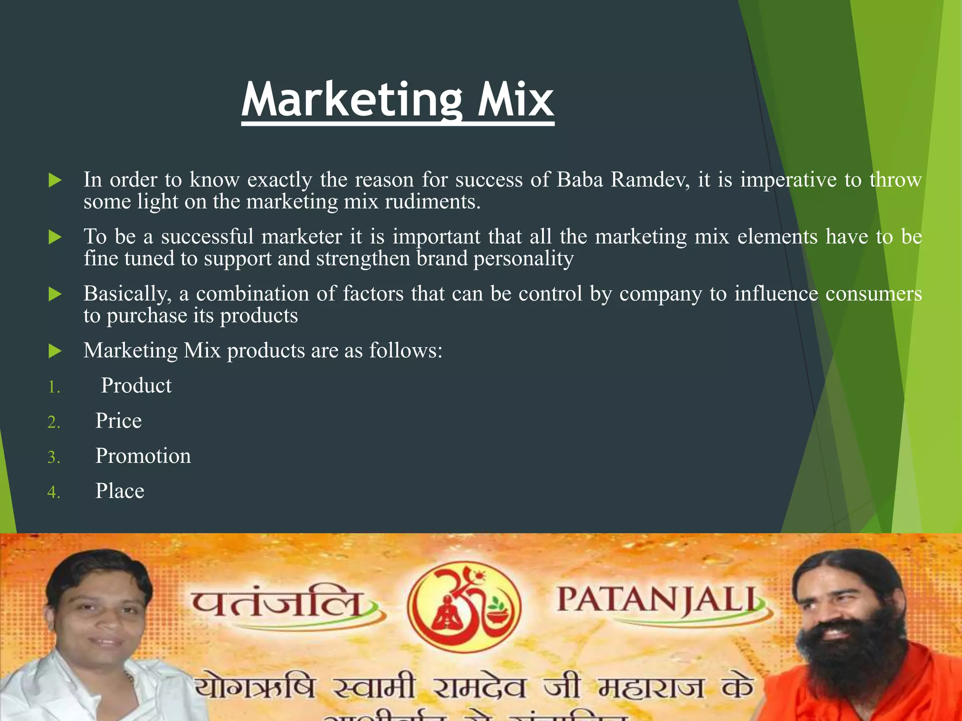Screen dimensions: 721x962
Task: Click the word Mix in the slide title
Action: click(516, 100)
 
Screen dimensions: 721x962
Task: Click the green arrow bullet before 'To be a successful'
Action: click(55, 237)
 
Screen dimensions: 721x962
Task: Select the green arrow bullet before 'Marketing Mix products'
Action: click(55, 351)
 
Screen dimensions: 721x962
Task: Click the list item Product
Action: click(136, 386)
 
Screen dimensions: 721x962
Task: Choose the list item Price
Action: click(118, 421)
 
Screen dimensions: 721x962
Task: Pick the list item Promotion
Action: click(143, 456)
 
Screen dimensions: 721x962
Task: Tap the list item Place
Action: click(120, 491)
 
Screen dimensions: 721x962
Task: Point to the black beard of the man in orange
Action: click(850, 667)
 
